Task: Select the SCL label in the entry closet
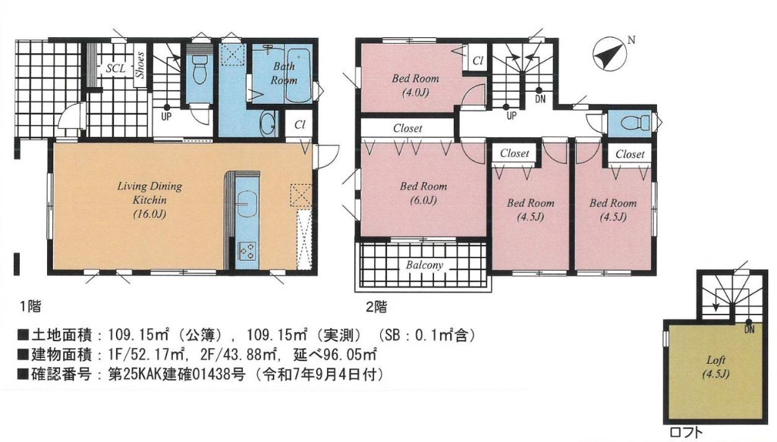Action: pyautogui.click(x=115, y=68)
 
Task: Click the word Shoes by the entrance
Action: pyautogui.click(x=140, y=65)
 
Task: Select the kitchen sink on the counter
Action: pyautogui.click(x=247, y=202)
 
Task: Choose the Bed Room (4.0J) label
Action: pyautogui.click(x=415, y=85)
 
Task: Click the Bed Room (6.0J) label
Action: pyautogui.click(x=423, y=193)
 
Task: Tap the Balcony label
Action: pyautogui.click(x=425, y=265)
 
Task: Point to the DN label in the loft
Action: pyautogui.click(x=750, y=331)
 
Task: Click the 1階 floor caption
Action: pyautogui.click(x=30, y=306)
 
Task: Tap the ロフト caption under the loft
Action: pyautogui.click(x=686, y=433)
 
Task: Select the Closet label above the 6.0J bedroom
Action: pyautogui.click(x=407, y=128)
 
